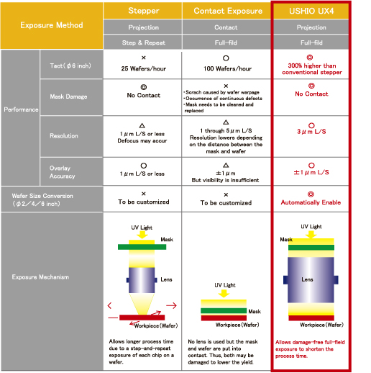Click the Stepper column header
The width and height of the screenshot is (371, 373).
[x=144, y=11]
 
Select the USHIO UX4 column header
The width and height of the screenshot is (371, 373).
[x=311, y=11]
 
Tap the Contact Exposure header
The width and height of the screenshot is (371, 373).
[x=228, y=11]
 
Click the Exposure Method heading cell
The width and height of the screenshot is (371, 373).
[x=52, y=25]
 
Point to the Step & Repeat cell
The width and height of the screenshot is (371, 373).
[x=143, y=42]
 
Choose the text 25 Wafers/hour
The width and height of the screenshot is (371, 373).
[x=144, y=68]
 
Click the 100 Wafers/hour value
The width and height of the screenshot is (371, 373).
[x=227, y=68]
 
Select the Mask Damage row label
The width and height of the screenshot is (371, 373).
[x=68, y=96]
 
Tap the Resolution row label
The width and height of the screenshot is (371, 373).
[x=64, y=136]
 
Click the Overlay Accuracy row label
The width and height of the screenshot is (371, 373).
[x=62, y=172]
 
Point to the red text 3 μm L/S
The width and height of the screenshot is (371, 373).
[x=311, y=132]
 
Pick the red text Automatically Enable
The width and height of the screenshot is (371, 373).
[x=311, y=202]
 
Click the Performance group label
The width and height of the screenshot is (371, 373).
[x=21, y=109]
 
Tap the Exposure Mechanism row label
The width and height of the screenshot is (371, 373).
[x=40, y=277]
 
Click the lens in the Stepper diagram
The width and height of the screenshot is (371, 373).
[x=142, y=280]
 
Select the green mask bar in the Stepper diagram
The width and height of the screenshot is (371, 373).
[x=142, y=247]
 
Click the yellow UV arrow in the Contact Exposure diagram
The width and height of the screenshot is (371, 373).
[x=224, y=293]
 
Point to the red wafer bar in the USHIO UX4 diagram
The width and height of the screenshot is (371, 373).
[x=311, y=318]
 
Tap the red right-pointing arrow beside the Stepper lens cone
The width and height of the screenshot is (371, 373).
[x=171, y=305]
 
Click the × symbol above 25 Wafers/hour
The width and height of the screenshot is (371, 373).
[x=144, y=58]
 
